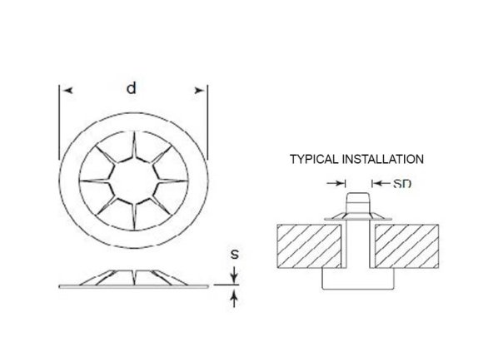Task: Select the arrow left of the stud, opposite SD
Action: click(341, 182)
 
